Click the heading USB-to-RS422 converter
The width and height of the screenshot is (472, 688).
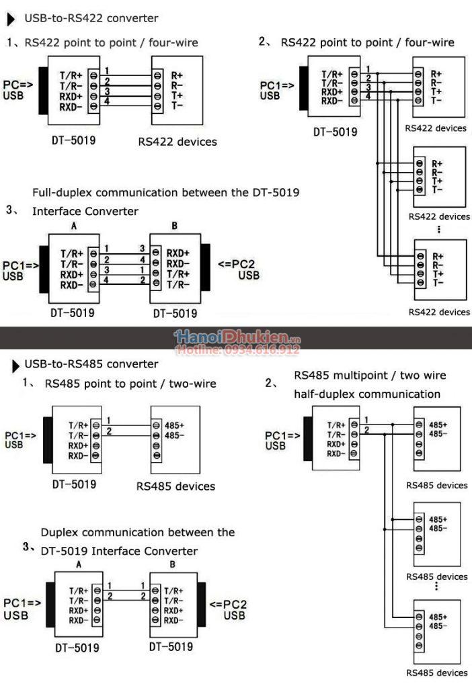pos(91,18)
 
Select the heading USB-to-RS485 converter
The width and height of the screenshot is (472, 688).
pos(91,364)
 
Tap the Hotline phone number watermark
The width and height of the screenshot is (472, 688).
pos(238,350)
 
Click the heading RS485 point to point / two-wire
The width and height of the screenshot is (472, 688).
pos(130,384)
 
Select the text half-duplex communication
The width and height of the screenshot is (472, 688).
pos(367,394)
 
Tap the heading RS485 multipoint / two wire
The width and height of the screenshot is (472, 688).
pos(370,375)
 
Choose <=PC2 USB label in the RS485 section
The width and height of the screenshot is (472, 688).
pos(226,609)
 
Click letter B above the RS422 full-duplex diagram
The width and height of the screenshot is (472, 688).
pos(173,226)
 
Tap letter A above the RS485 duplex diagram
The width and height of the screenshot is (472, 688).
pos(79,565)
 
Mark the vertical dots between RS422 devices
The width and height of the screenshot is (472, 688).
pos(438,229)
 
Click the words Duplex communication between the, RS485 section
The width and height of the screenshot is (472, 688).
pos(138,532)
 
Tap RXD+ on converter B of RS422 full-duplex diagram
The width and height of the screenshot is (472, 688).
pos(178,254)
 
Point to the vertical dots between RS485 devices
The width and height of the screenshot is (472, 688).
pos(436,587)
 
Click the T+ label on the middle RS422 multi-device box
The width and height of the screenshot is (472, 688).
pos(437,181)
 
